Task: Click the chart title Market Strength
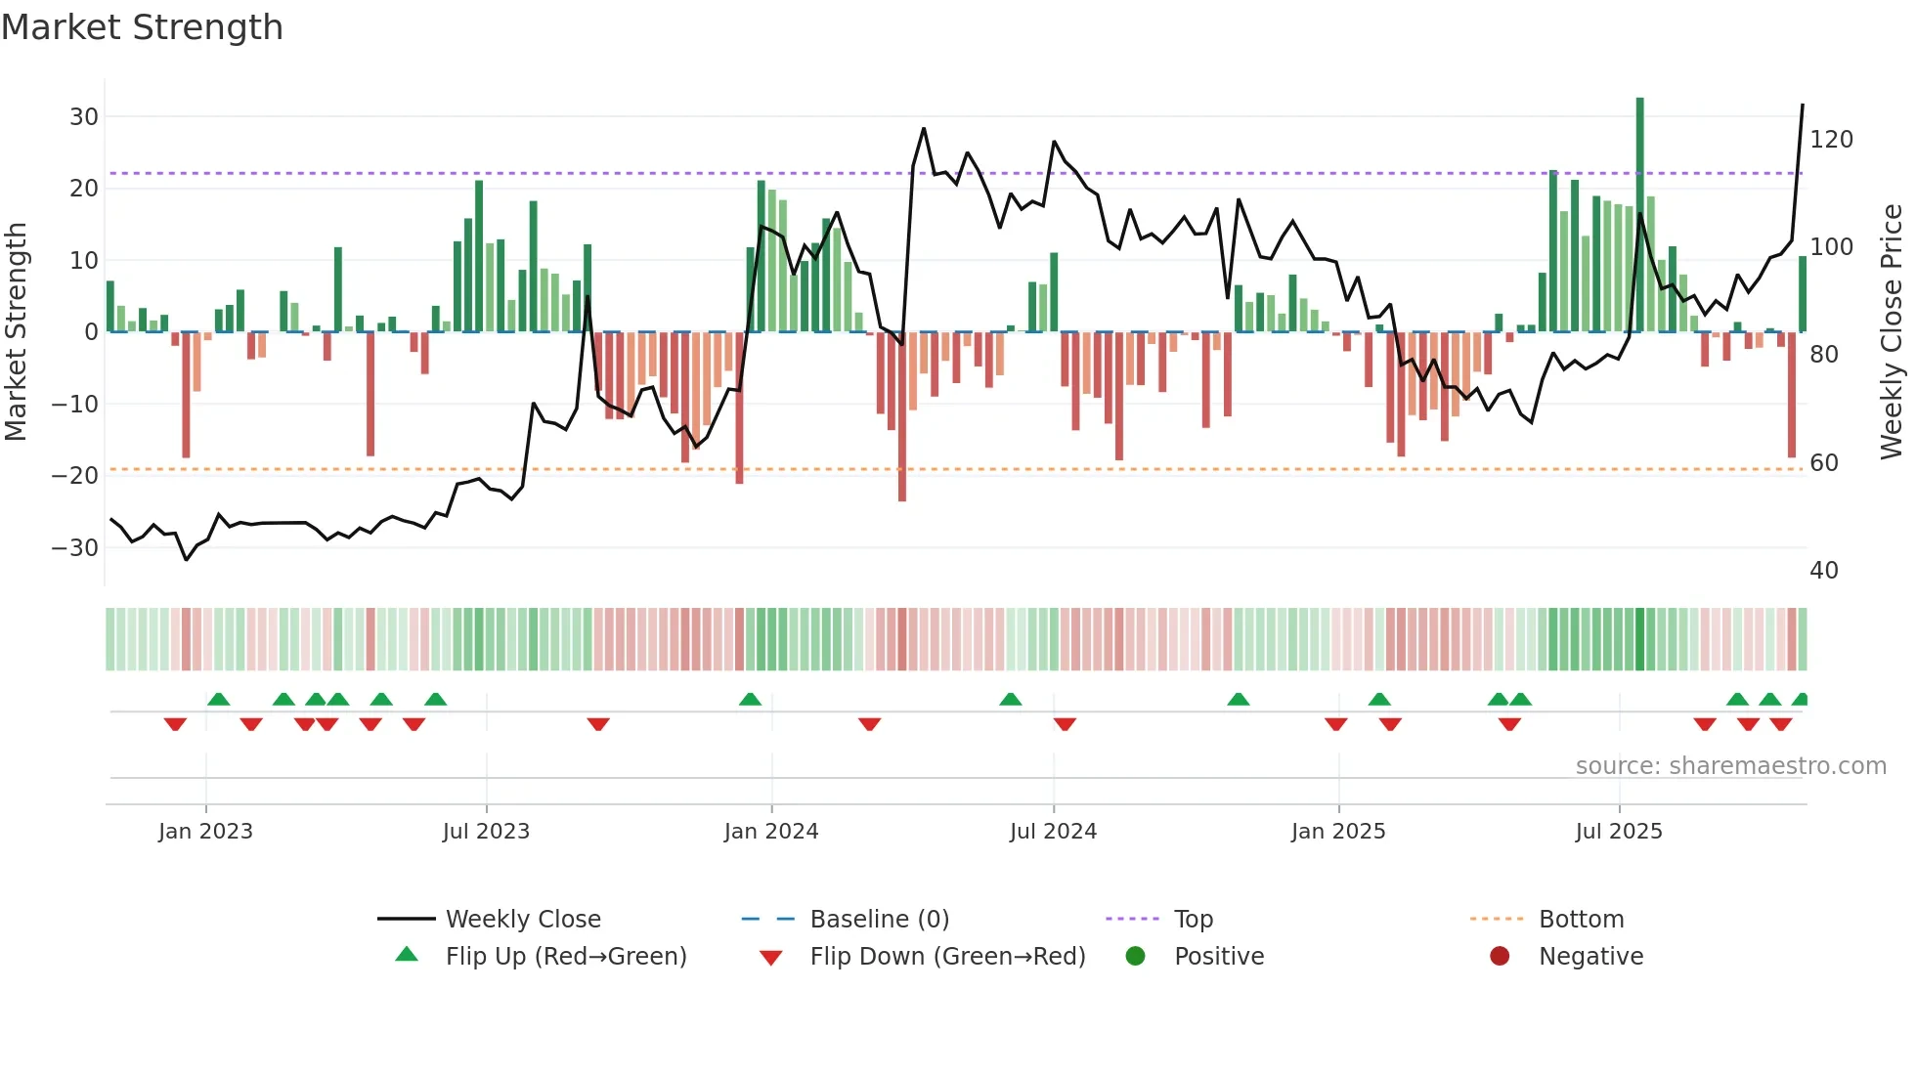(142, 27)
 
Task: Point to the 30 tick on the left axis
(84, 117)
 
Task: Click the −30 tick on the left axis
(76, 548)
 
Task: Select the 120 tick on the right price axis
(1831, 140)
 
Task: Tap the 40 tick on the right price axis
(1824, 571)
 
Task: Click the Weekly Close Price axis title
(1892, 332)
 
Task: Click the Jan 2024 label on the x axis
(771, 832)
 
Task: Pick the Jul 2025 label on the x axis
(1619, 832)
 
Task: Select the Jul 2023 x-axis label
(486, 832)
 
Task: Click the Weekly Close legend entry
(523, 920)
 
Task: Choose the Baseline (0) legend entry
(879, 920)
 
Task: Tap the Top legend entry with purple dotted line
(1193, 920)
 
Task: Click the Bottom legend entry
(1581, 920)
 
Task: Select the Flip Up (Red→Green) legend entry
(565, 957)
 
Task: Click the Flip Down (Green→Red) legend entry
(947, 957)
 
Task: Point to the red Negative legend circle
(1500, 957)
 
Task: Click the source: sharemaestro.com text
(1730, 766)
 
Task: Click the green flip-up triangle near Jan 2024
(750, 700)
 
